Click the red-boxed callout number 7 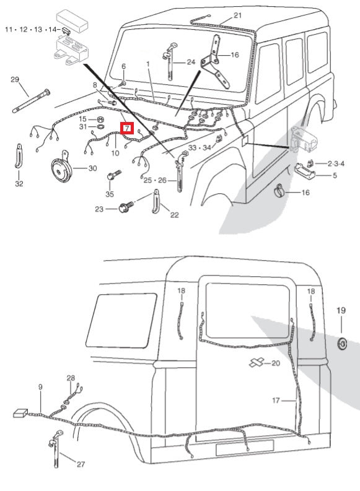[126, 129]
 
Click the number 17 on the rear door [276, 400]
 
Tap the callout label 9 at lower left [40, 387]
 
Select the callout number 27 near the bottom [80, 464]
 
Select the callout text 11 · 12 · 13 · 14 [32, 29]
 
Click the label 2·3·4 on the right [335, 163]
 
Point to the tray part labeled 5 [306, 170]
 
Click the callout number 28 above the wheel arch [71, 378]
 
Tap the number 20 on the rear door [276, 362]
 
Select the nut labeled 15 [100, 118]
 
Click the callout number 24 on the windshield [190, 62]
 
